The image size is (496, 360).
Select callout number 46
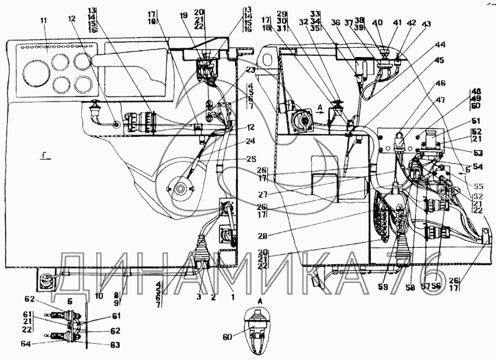click(440, 83)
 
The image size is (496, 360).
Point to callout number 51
click(476, 121)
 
